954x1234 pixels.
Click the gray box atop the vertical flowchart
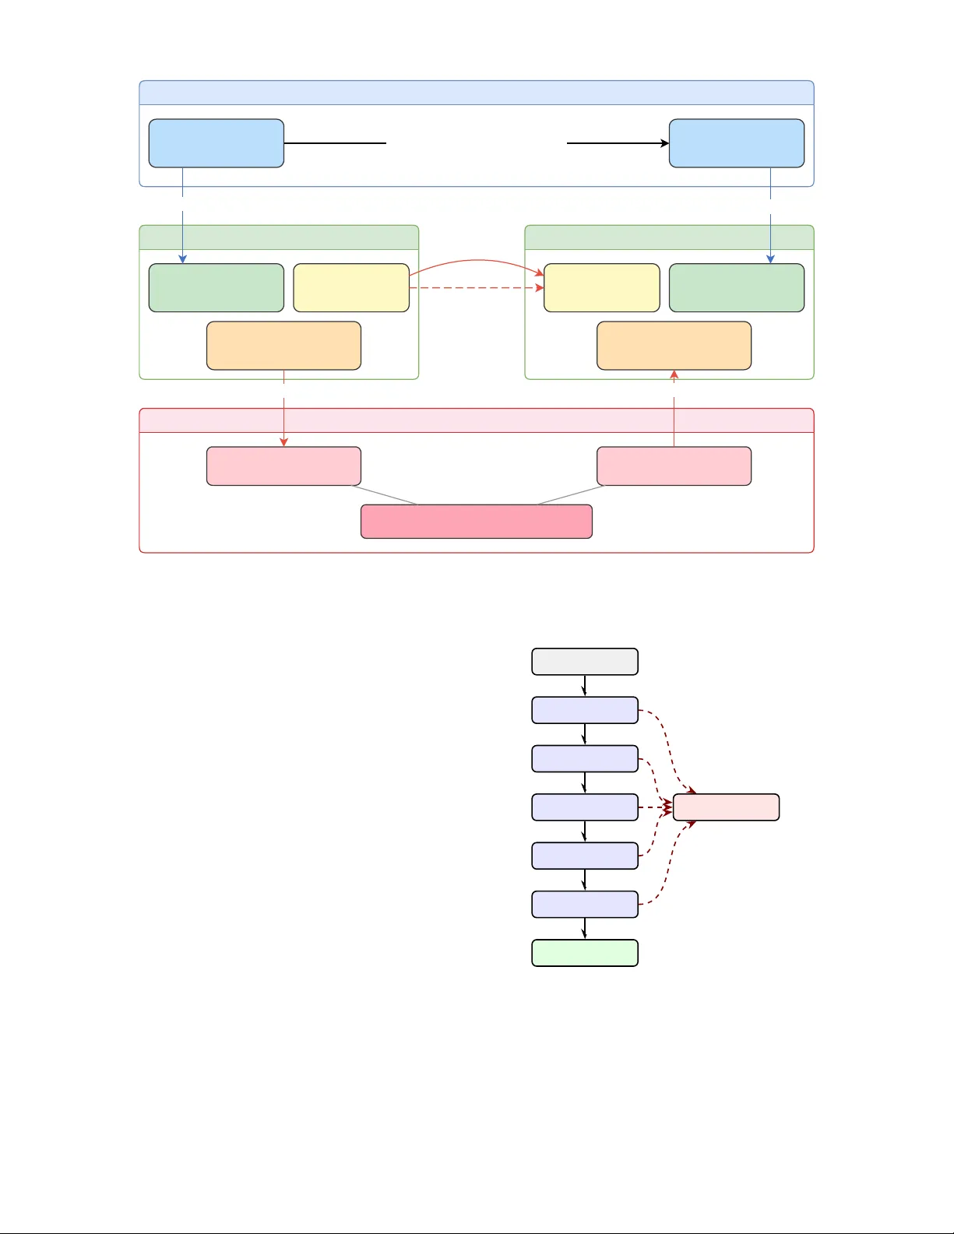tap(584, 662)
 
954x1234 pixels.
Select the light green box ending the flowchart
tap(584, 953)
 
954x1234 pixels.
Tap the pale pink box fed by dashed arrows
tap(726, 807)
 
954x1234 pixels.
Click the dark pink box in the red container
tap(476, 522)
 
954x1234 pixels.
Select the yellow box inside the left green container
tap(350, 288)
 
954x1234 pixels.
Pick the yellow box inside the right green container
tap(601, 288)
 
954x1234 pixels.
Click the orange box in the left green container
tap(283, 346)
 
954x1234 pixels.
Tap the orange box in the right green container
tap(674, 346)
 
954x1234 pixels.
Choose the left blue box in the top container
tap(216, 143)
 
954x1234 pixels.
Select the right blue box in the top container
tap(736, 143)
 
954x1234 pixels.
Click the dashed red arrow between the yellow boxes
tap(475, 288)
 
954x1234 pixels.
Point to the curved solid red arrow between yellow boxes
tap(475, 260)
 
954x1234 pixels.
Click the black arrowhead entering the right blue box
tap(665, 143)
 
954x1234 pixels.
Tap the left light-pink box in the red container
tap(283, 466)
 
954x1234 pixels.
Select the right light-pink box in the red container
tap(674, 466)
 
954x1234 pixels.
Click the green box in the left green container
tap(216, 288)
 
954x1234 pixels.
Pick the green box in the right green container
tap(736, 288)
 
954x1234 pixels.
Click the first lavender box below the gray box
tap(584, 710)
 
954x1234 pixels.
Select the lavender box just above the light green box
tap(584, 905)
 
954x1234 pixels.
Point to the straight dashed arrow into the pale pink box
tap(654, 807)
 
